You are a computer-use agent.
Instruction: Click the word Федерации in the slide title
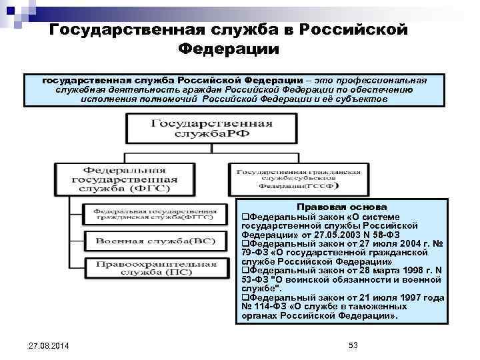229,49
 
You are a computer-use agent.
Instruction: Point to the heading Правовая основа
341,207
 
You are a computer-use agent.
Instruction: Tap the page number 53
353,344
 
